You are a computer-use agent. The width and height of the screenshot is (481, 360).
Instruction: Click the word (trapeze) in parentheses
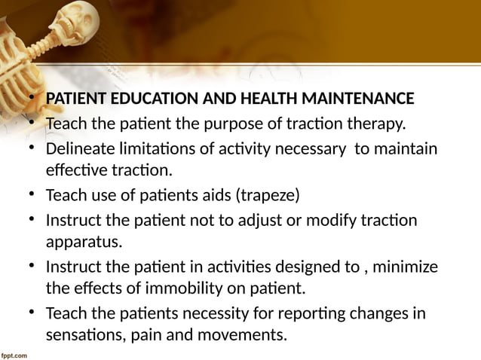(x=268, y=197)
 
